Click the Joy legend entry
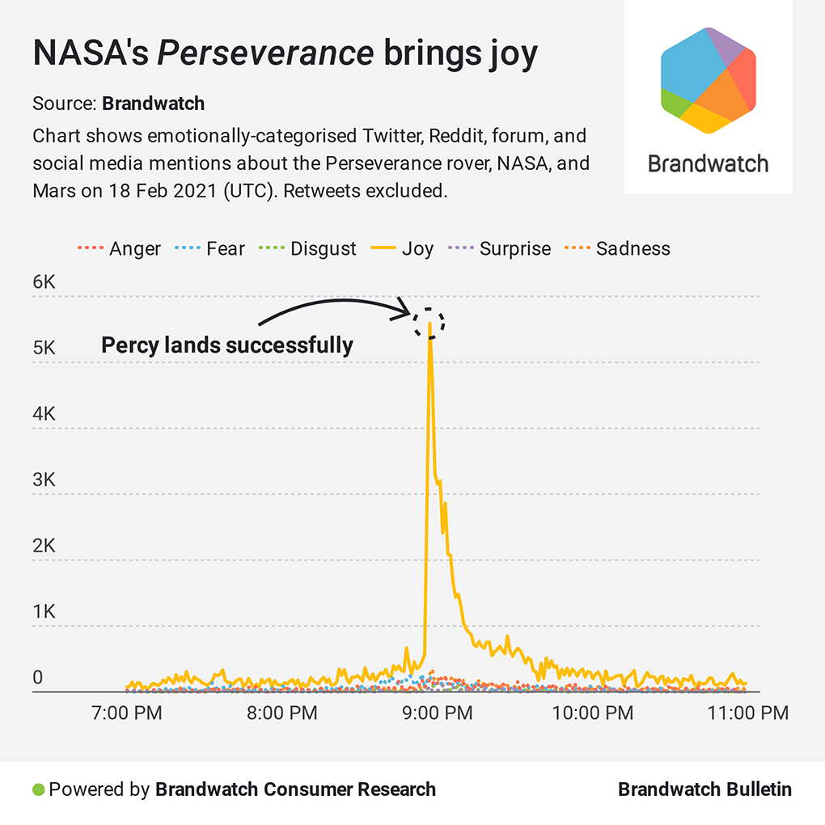403,248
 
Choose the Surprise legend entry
500,248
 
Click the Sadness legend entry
618,248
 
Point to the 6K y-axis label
44,282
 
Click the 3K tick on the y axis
44,480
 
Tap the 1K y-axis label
44,611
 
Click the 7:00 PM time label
127,713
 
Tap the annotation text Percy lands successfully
227,346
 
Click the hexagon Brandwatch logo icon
708,79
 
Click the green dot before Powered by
38,789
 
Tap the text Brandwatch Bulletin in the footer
704,789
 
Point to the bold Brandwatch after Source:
153,104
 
